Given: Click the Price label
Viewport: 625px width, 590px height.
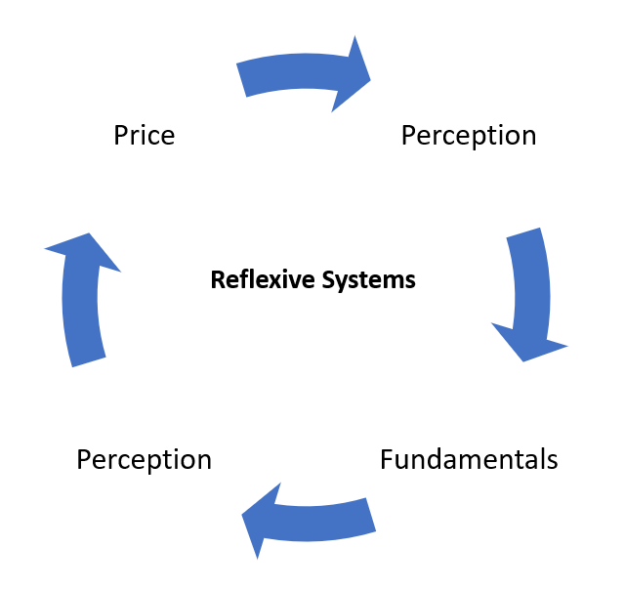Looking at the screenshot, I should click(144, 135).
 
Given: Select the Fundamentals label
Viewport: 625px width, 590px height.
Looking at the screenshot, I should click(469, 459).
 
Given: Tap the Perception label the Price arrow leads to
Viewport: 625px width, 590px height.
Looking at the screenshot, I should click(469, 135).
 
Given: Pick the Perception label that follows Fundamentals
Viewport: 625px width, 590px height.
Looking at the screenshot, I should click(144, 459).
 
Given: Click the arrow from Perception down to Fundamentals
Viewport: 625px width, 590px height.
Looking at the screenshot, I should click(528, 293).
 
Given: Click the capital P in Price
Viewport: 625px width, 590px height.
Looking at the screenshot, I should click(120, 135).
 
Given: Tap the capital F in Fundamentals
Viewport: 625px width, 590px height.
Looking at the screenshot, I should click(387, 459).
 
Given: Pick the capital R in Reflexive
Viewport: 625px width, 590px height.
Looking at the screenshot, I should click(217, 280).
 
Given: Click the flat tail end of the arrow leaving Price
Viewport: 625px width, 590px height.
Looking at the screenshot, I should click(242, 80).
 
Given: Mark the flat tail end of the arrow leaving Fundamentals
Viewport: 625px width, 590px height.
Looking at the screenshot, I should click(371, 515).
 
